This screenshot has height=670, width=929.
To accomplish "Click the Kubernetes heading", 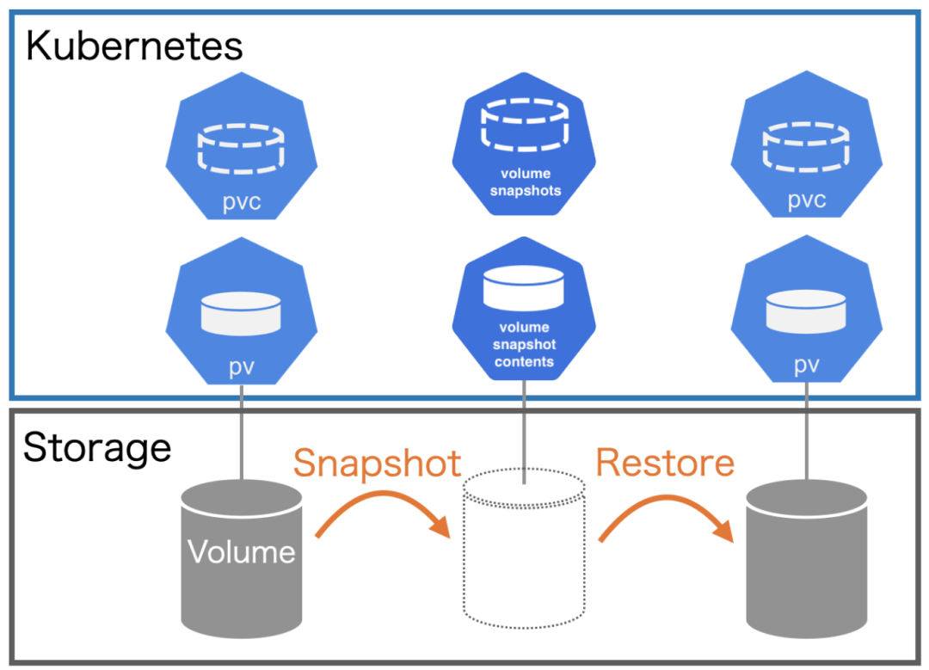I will pyautogui.click(x=133, y=46).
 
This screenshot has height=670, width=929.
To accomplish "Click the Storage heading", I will pyautogui.click(x=96, y=448).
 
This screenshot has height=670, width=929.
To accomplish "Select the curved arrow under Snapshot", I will pyautogui.click(x=384, y=512).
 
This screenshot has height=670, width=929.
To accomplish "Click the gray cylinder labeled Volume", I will pyautogui.click(x=242, y=559).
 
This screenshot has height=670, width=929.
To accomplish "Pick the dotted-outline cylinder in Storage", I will pyautogui.click(x=524, y=550).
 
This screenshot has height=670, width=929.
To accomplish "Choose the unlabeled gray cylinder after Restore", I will pyautogui.click(x=806, y=559).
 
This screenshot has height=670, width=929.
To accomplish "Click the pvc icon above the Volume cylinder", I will pyautogui.click(x=242, y=156).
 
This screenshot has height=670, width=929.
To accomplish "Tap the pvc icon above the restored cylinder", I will pyautogui.click(x=806, y=156).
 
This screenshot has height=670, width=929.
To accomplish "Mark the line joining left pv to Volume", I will pyautogui.click(x=242, y=434).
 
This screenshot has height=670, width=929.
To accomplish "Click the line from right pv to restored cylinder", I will pyautogui.click(x=806, y=434).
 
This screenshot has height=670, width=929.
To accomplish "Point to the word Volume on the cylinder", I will pyautogui.click(x=242, y=551).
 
